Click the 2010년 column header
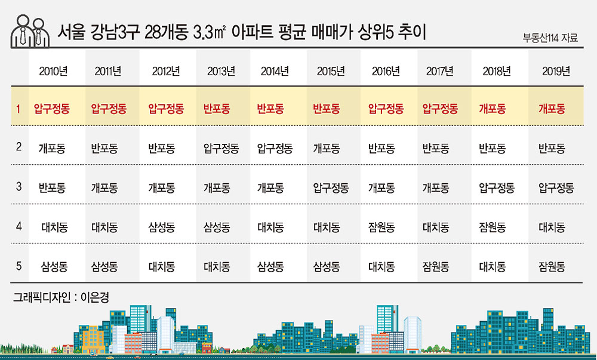[53, 71]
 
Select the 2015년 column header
[331, 71]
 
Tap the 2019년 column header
[556, 71]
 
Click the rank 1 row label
[18, 109]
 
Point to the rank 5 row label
[19, 266]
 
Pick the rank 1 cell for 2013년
[217, 109]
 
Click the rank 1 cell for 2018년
[493, 109]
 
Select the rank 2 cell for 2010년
[52, 148]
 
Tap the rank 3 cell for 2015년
[331, 187]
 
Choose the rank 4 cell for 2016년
[381, 227]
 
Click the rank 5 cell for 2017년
[436, 266]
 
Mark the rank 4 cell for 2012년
[161, 227]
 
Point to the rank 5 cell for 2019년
[552, 266]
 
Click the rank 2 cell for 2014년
[275, 148]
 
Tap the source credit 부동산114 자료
[550, 38]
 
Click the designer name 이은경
[95, 297]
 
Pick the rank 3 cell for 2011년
[104, 187]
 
